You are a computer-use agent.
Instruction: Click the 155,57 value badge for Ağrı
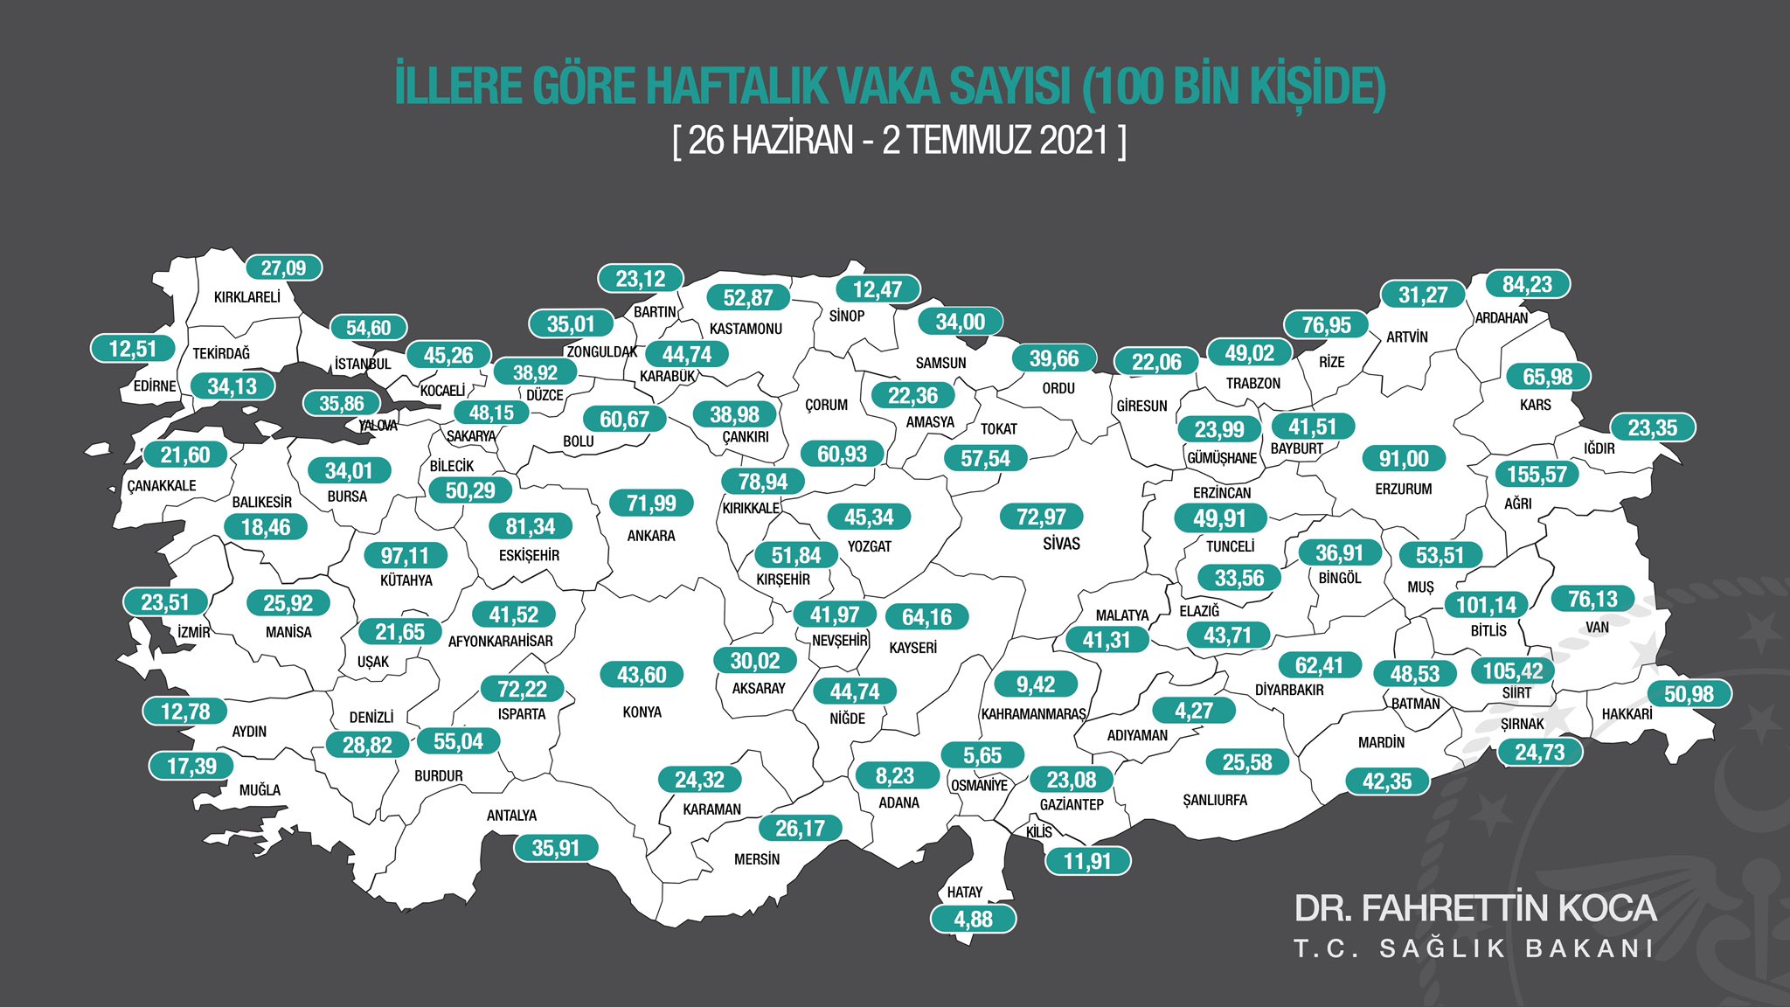[1537, 475]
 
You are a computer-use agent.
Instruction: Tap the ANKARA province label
[651, 536]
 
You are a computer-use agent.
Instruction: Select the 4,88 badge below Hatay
[973, 919]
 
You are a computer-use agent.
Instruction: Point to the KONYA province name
[642, 712]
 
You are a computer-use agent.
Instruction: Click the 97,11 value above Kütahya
[405, 556]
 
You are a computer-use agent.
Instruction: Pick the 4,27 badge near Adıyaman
[1193, 711]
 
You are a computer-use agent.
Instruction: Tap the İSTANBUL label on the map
[363, 364]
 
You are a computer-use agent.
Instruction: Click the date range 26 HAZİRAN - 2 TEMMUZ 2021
[899, 141]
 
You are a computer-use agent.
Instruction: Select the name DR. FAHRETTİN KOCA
[1474, 909]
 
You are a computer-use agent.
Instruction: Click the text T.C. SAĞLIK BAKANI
[1474, 949]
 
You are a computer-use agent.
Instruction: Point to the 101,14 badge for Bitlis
[1486, 605]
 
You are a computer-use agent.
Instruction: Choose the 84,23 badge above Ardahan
[1527, 285]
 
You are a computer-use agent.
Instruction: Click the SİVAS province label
[1061, 544]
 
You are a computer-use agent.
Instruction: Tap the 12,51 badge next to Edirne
[133, 349]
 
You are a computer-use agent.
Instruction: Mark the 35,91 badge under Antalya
[555, 848]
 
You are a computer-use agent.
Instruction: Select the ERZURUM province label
[1403, 490]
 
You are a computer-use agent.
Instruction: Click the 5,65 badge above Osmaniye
[982, 755]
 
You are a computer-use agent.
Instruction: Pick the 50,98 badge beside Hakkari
[1689, 694]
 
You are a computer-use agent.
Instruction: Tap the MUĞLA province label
[260, 790]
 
